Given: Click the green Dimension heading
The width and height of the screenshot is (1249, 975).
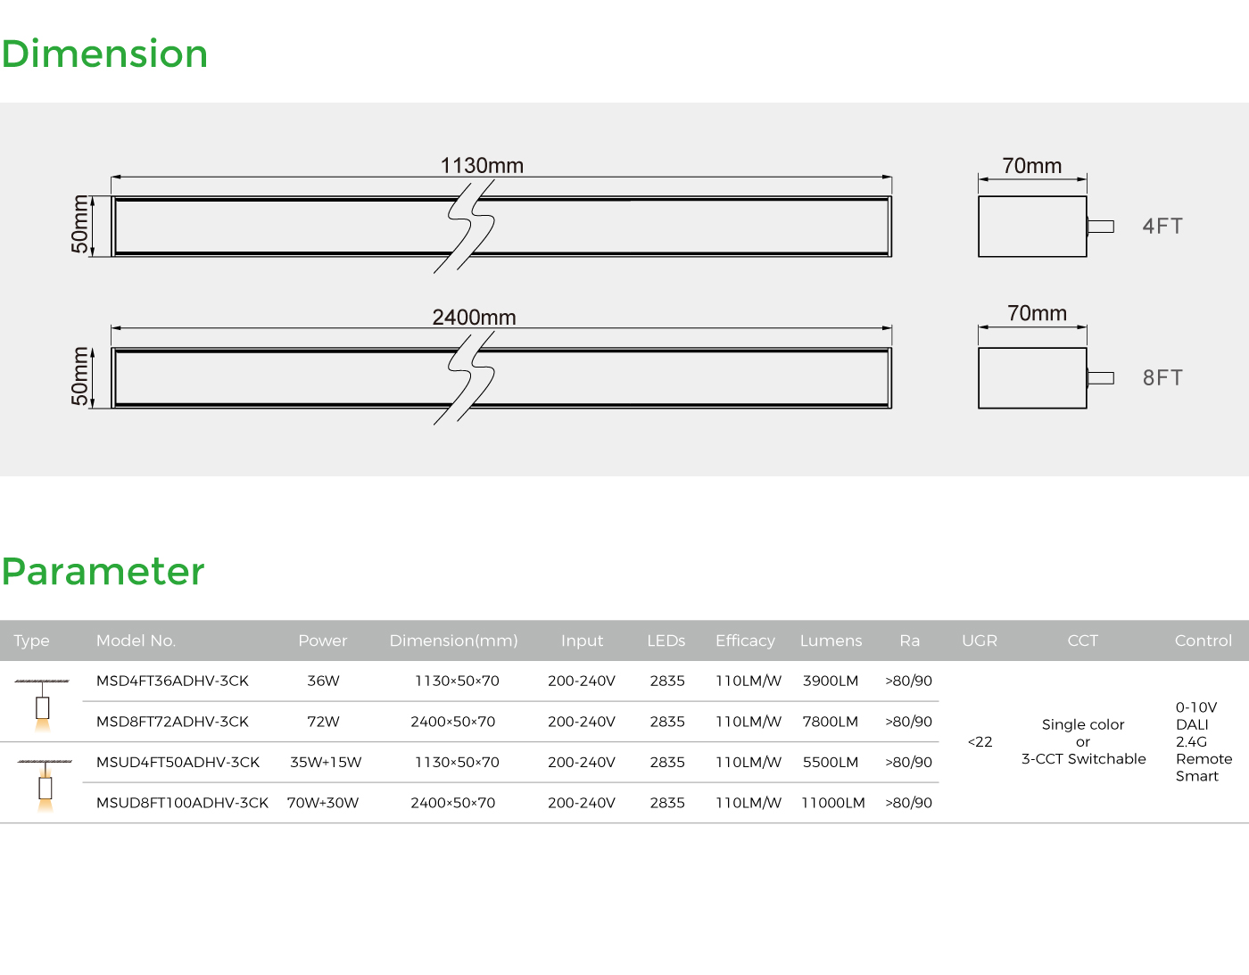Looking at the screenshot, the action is click(x=104, y=54).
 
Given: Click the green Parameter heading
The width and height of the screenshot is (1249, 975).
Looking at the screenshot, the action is click(x=103, y=572).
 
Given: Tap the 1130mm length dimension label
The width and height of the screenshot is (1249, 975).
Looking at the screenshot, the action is click(x=482, y=165).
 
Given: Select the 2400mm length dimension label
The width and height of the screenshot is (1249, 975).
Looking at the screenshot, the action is click(x=475, y=318).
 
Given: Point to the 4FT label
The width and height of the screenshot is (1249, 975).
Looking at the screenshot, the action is click(x=1162, y=226).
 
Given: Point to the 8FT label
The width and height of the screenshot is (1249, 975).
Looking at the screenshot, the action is click(x=1162, y=377).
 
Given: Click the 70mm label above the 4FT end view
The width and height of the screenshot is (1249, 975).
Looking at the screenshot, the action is click(x=1031, y=165).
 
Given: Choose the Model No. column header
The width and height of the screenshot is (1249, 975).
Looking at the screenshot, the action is click(x=136, y=640).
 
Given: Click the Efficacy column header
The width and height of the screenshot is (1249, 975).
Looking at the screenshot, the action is click(x=745, y=640).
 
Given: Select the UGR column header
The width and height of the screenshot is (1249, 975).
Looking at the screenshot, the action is click(x=980, y=640).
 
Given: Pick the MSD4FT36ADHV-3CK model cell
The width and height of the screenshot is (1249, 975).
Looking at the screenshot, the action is click(x=172, y=681).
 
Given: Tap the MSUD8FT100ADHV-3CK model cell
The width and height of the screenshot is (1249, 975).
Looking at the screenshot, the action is click(x=182, y=803).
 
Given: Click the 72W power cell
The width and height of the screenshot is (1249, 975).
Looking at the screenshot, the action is click(x=323, y=722).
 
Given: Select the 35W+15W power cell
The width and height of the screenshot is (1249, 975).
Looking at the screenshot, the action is click(x=326, y=763).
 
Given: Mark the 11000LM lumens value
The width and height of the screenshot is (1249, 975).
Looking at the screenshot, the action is click(x=833, y=803).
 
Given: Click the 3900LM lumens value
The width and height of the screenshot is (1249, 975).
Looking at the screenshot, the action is click(x=831, y=681).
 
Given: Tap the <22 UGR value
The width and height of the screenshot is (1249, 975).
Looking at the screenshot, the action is click(x=980, y=742).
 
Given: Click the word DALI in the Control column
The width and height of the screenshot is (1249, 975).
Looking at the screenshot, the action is click(x=1192, y=724).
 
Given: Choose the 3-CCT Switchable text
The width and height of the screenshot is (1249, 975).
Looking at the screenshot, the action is click(x=1083, y=759).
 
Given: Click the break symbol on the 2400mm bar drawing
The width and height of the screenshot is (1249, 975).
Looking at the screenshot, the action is click(x=465, y=378).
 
